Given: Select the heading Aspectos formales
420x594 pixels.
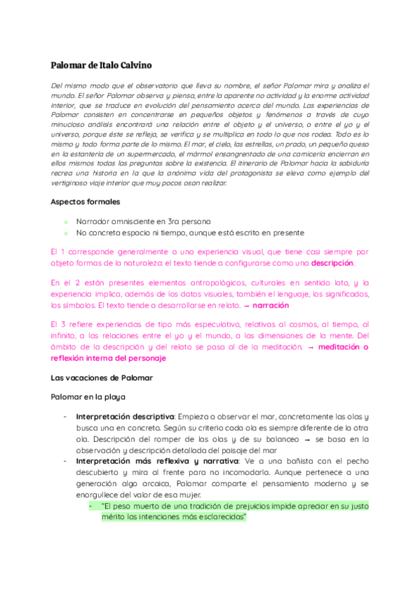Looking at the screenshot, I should coord(85,202).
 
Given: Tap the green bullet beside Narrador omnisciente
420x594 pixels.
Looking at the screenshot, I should coord(65,221).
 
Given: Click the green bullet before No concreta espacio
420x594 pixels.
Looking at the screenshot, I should coord(65,233).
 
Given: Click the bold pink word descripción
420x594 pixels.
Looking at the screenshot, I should coord(332,263).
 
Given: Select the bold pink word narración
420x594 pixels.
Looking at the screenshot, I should coord(270,305).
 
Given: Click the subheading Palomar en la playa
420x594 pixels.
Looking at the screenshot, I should coord(88,396).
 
